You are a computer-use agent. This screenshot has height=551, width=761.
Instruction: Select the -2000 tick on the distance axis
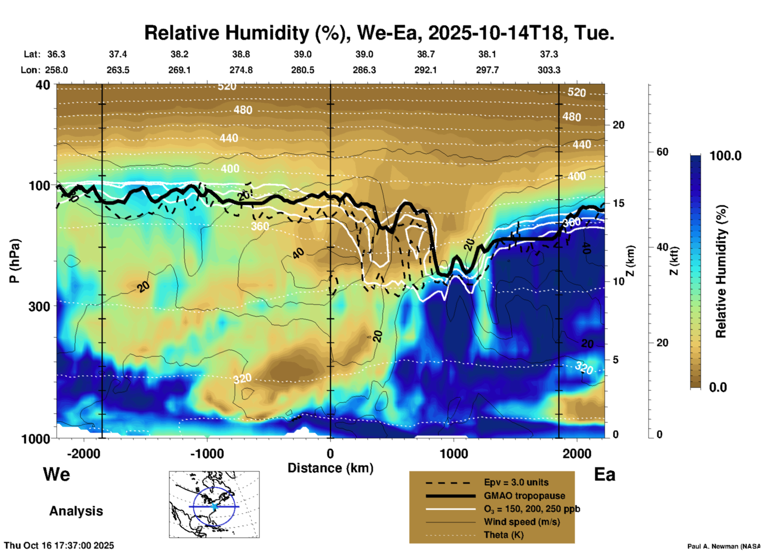(83, 453)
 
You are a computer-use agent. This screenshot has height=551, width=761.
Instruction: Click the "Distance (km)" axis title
(330, 468)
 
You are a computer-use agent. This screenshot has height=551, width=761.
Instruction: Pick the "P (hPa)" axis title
(15, 261)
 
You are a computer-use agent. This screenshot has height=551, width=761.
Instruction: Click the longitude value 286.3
(364, 70)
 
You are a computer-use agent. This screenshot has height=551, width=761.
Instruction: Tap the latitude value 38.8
(241, 54)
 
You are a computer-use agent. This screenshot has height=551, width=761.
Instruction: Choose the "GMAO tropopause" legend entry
(524, 496)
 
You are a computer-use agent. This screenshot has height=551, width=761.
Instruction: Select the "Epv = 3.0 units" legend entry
(516, 482)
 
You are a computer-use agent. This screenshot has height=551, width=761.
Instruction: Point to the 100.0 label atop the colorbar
(725, 156)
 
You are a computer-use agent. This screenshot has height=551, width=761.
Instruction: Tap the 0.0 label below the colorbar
(718, 387)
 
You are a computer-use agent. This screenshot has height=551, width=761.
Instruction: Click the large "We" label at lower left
(57, 474)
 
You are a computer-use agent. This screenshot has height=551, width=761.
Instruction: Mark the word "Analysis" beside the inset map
(76, 511)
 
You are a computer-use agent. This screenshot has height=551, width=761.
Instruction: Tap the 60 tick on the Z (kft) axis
(662, 152)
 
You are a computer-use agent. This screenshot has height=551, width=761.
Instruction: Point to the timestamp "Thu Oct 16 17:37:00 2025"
(59, 545)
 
